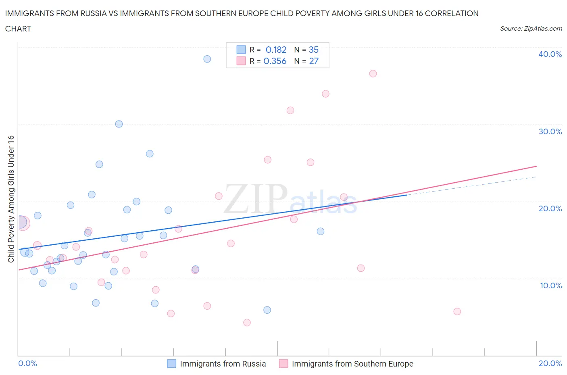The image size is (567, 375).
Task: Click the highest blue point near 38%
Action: (207, 59)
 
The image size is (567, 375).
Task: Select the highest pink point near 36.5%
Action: (373, 73)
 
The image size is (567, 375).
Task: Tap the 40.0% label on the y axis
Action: (550, 54)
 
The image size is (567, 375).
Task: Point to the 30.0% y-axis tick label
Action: (550, 131)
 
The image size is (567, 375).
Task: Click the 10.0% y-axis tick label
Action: (550, 285)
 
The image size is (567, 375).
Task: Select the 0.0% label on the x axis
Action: (28, 363)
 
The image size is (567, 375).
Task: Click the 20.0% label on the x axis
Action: (550, 363)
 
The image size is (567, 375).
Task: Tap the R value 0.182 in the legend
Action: (276, 50)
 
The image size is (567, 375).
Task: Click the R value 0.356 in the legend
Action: (275, 61)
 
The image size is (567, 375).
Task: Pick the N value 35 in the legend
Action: (313, 50)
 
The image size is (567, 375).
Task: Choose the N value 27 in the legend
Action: (313, 61)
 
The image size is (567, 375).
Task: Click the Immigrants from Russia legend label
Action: (223, 364)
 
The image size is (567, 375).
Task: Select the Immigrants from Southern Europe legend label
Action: (352, 364)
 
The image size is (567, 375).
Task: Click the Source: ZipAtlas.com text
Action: (531, 28)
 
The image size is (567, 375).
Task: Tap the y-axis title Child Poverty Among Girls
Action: (11, 199)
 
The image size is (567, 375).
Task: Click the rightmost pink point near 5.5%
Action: (457, 311)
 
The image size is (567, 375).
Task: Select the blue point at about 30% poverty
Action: (119, 124)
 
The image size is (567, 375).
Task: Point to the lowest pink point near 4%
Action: (247, 323)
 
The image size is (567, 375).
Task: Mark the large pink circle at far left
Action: (23, 223)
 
